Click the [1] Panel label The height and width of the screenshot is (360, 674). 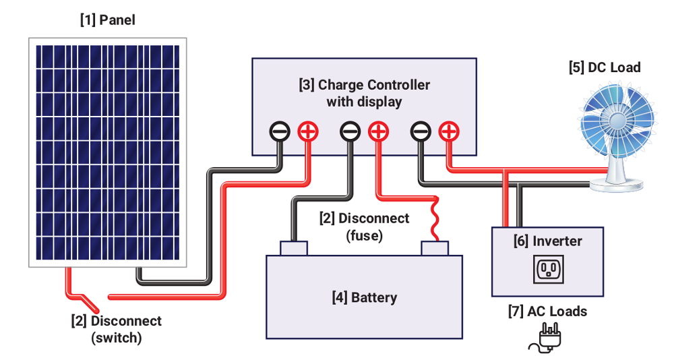tap(108, 20)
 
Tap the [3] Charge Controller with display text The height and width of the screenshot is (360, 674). tap(364, 94)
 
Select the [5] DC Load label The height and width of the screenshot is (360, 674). tap(605, 67)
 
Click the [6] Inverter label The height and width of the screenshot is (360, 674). tap(547, 241)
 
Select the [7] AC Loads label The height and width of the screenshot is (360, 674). tap(547, 311)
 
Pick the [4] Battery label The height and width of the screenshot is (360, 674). tap(365, 297)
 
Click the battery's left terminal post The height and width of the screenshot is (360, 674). tap(293, 248)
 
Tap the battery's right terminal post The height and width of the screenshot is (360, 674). tap(435, 248)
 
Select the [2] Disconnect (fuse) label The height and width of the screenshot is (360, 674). tap(364, 227)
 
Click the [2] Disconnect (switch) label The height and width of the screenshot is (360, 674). tap(117, 329)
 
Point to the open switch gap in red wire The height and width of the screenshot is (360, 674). tap(94, 297)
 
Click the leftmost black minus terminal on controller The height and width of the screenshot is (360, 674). tap(280, 131)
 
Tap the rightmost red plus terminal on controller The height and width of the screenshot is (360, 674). tap(448, 131)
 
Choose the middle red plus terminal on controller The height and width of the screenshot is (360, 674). tap(378, 131)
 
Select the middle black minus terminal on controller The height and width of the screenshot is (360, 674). tap(350, 131)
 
